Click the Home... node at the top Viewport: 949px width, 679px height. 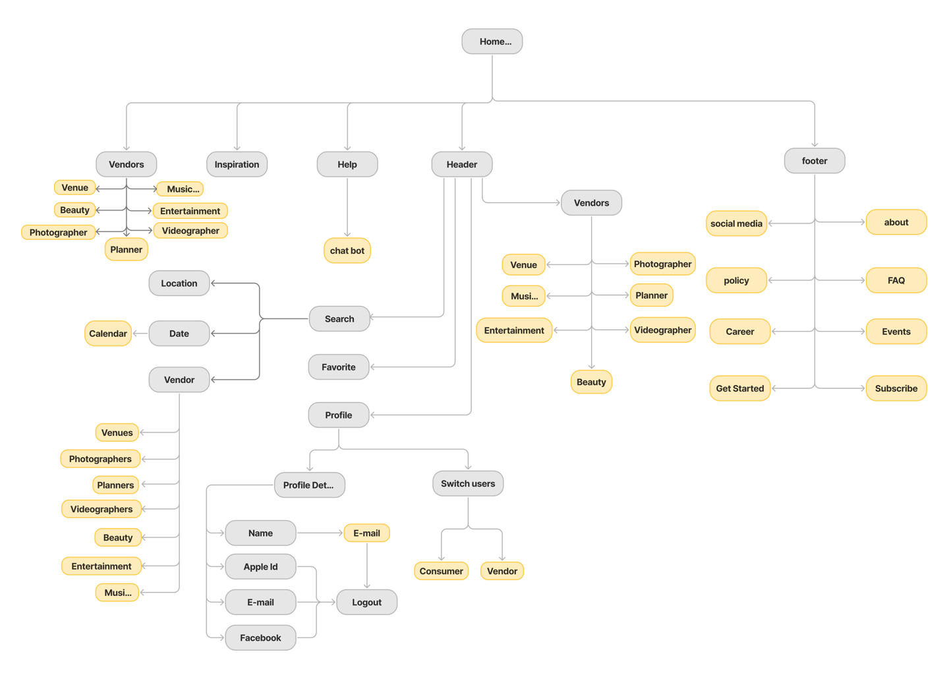[492, 42]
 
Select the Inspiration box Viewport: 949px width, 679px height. [237, 164]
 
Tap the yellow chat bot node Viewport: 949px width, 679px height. [347, 251]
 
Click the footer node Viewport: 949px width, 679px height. [815, 161]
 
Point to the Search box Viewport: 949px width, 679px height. [339, 318]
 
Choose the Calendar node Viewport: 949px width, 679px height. [108, 334]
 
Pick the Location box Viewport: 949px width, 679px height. [179, 283]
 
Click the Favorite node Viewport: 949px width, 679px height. [339, 367]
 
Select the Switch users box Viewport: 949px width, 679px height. [468, 484]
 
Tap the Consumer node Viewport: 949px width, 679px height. [441, 571]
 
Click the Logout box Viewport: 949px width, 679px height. [367, 603]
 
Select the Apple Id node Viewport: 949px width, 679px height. [260, 567]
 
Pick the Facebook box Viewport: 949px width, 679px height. [260, 638]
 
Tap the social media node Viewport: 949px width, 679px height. [736, 223]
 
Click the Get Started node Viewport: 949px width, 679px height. [740, 388]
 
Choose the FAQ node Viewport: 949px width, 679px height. [896, 280]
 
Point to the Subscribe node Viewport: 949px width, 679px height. [896, 388]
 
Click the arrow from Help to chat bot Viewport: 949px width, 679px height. [347, 207]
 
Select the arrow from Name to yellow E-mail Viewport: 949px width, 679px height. [320, 533]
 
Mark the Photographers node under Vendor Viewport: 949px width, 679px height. [100, 459]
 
